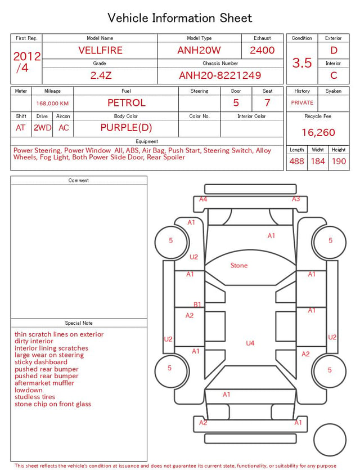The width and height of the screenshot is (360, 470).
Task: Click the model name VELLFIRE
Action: click(x=100, y=50)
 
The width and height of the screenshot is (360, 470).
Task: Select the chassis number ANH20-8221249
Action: click(x=220, y=75)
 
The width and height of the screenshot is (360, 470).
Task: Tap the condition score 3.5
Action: click(x=302, y=63)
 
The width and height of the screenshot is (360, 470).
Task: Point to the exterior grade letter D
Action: click(x=334, y=50)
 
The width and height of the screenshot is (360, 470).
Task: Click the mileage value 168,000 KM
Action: click(x=52, y=104)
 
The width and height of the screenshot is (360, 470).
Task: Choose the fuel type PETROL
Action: click(x=127, y=103)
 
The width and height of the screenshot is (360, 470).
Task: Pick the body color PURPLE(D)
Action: click(x=126, y=128)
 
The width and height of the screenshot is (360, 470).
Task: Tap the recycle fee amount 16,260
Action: click(x=318, y=132)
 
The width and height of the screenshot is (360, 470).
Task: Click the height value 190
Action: click(x=339, y=161)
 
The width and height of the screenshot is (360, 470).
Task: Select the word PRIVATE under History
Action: click(x=302, y=102)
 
